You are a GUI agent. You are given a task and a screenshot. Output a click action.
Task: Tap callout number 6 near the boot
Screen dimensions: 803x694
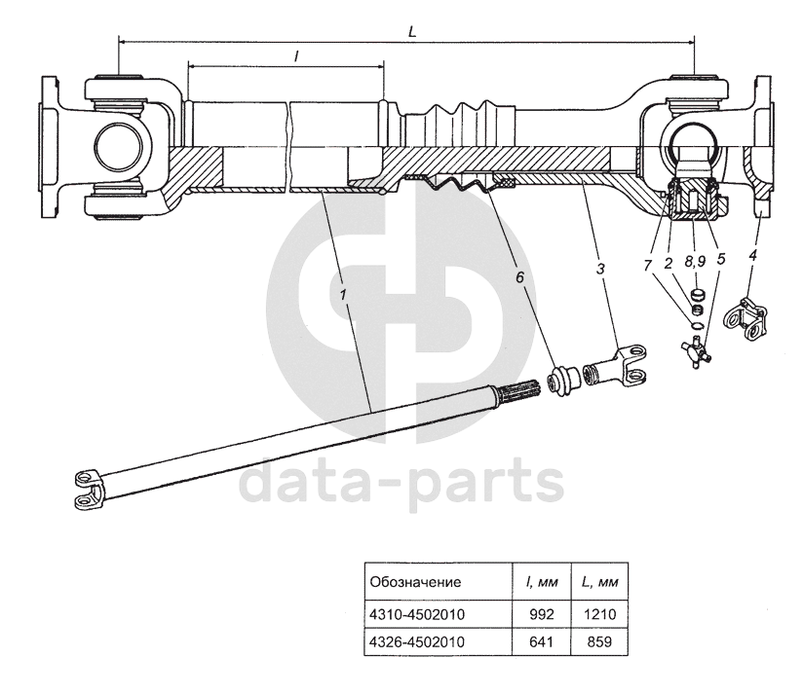[519, 277]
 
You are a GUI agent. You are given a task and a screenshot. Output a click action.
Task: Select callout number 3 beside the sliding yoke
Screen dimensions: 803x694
[600, 267]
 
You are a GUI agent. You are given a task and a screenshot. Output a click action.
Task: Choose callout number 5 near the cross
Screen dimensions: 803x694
[720, 260]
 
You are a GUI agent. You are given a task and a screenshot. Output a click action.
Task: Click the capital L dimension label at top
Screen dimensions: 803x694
[412, 31]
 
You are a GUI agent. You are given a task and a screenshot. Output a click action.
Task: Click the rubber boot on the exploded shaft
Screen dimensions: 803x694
[562, 380]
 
